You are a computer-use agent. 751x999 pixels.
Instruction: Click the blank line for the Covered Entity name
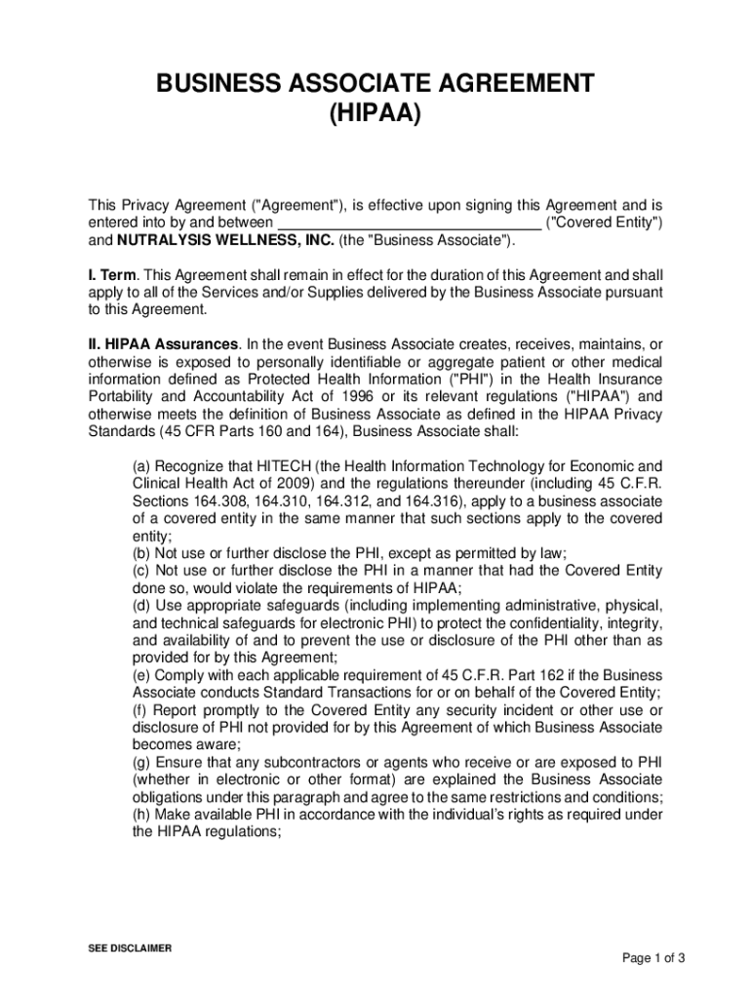[409, 223]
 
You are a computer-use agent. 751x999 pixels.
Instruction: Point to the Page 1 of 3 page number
[653, 957]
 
